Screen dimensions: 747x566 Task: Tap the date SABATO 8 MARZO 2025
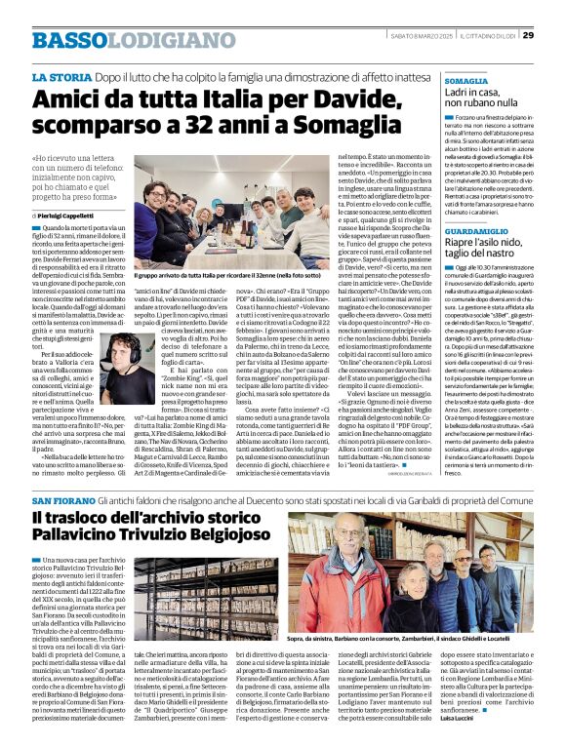coord(419,36)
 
